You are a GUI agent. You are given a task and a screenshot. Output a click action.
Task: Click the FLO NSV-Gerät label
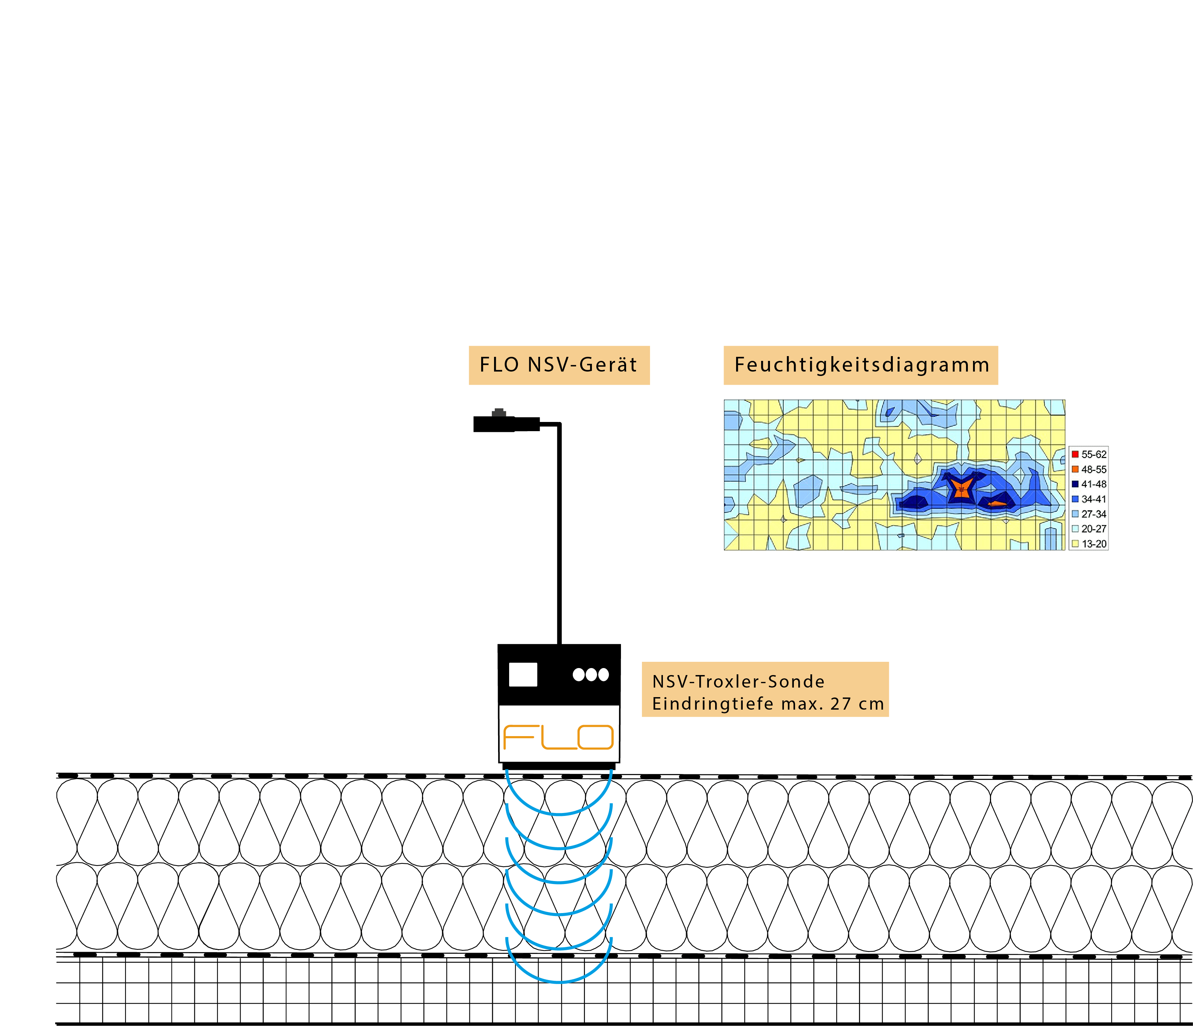[558, 365]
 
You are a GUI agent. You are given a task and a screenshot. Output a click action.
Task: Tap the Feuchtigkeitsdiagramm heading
[861, 365]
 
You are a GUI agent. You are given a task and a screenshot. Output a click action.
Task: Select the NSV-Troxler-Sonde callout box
[765, 689]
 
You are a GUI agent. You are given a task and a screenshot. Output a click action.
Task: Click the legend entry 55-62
[1089, 454]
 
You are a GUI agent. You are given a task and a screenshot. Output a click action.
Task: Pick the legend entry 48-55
[1089, 469]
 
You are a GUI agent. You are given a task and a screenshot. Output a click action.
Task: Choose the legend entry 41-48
[1089, 484]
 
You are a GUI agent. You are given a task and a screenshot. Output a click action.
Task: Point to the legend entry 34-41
[1089, 499]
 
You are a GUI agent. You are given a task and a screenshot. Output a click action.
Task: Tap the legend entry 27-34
[1089, 514]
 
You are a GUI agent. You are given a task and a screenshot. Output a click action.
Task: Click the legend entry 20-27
[1089, 529]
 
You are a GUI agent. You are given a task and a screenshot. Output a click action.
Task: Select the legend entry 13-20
[1089, 543]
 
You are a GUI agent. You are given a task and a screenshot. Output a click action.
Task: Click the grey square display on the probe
[523, 674]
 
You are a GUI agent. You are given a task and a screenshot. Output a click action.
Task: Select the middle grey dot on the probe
[591, 674]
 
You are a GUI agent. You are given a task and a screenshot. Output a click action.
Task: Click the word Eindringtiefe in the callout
[712, 704]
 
